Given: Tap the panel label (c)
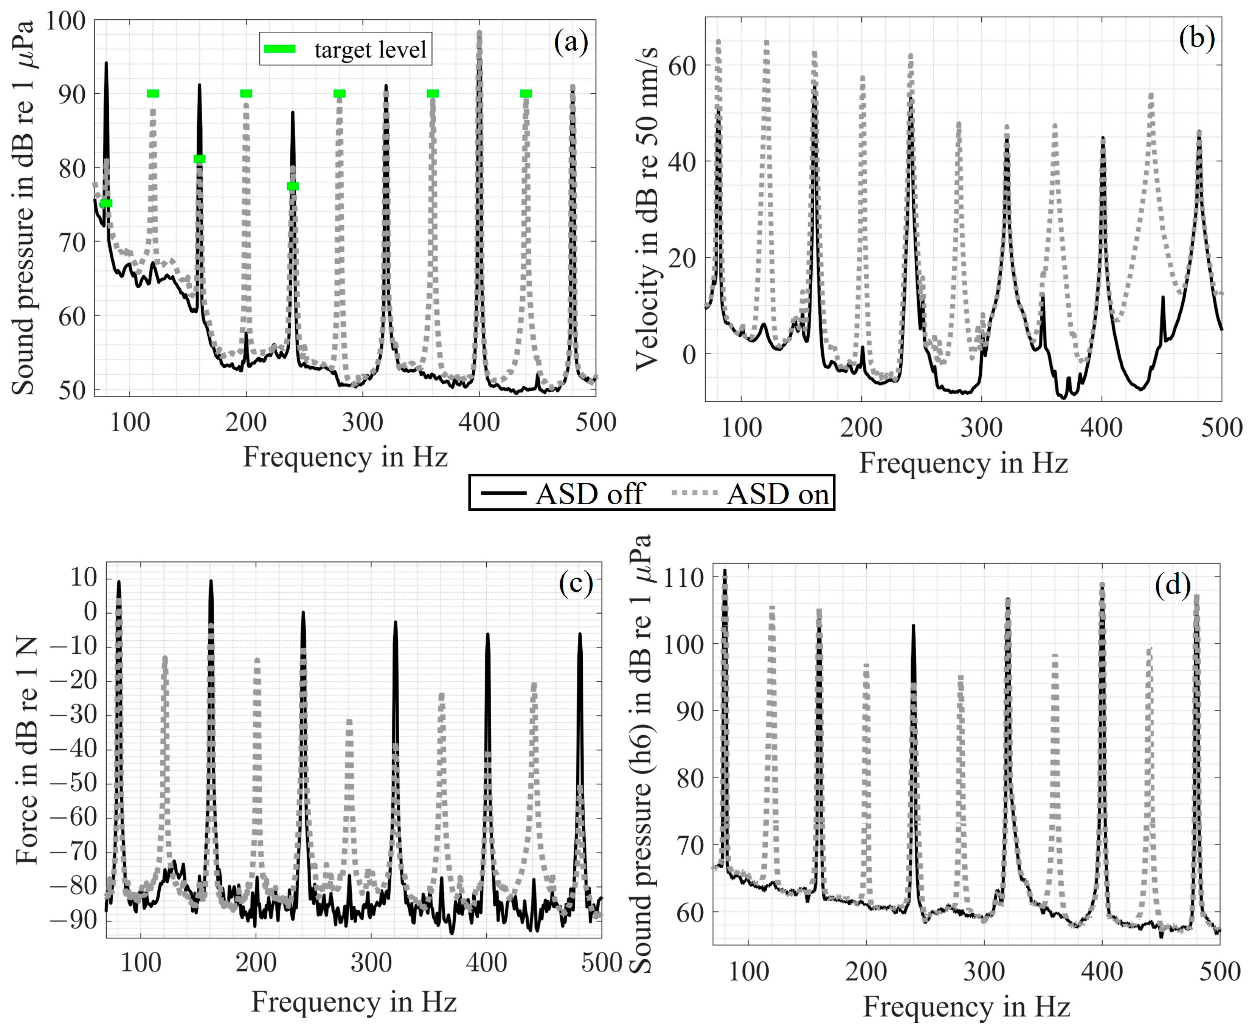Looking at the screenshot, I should pyautogui.click(x=576, y=584).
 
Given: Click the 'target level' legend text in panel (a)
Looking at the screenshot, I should pyautogui.click(x=370, y=50).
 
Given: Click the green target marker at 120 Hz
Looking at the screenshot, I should pyautogui.click(x=153, y=93).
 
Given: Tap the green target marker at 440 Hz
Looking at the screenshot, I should pyautogui.click(x=526, y=93).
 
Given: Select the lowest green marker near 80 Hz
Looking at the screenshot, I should pyautogui.click(x=106, y=203).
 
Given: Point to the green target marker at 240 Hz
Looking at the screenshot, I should pyautogui.click(x=293, y=186).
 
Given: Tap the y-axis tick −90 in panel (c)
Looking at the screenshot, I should pyautogui.click(x=73, y=920).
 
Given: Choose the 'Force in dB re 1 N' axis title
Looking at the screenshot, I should pyautogui.click(x=27, y=750).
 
